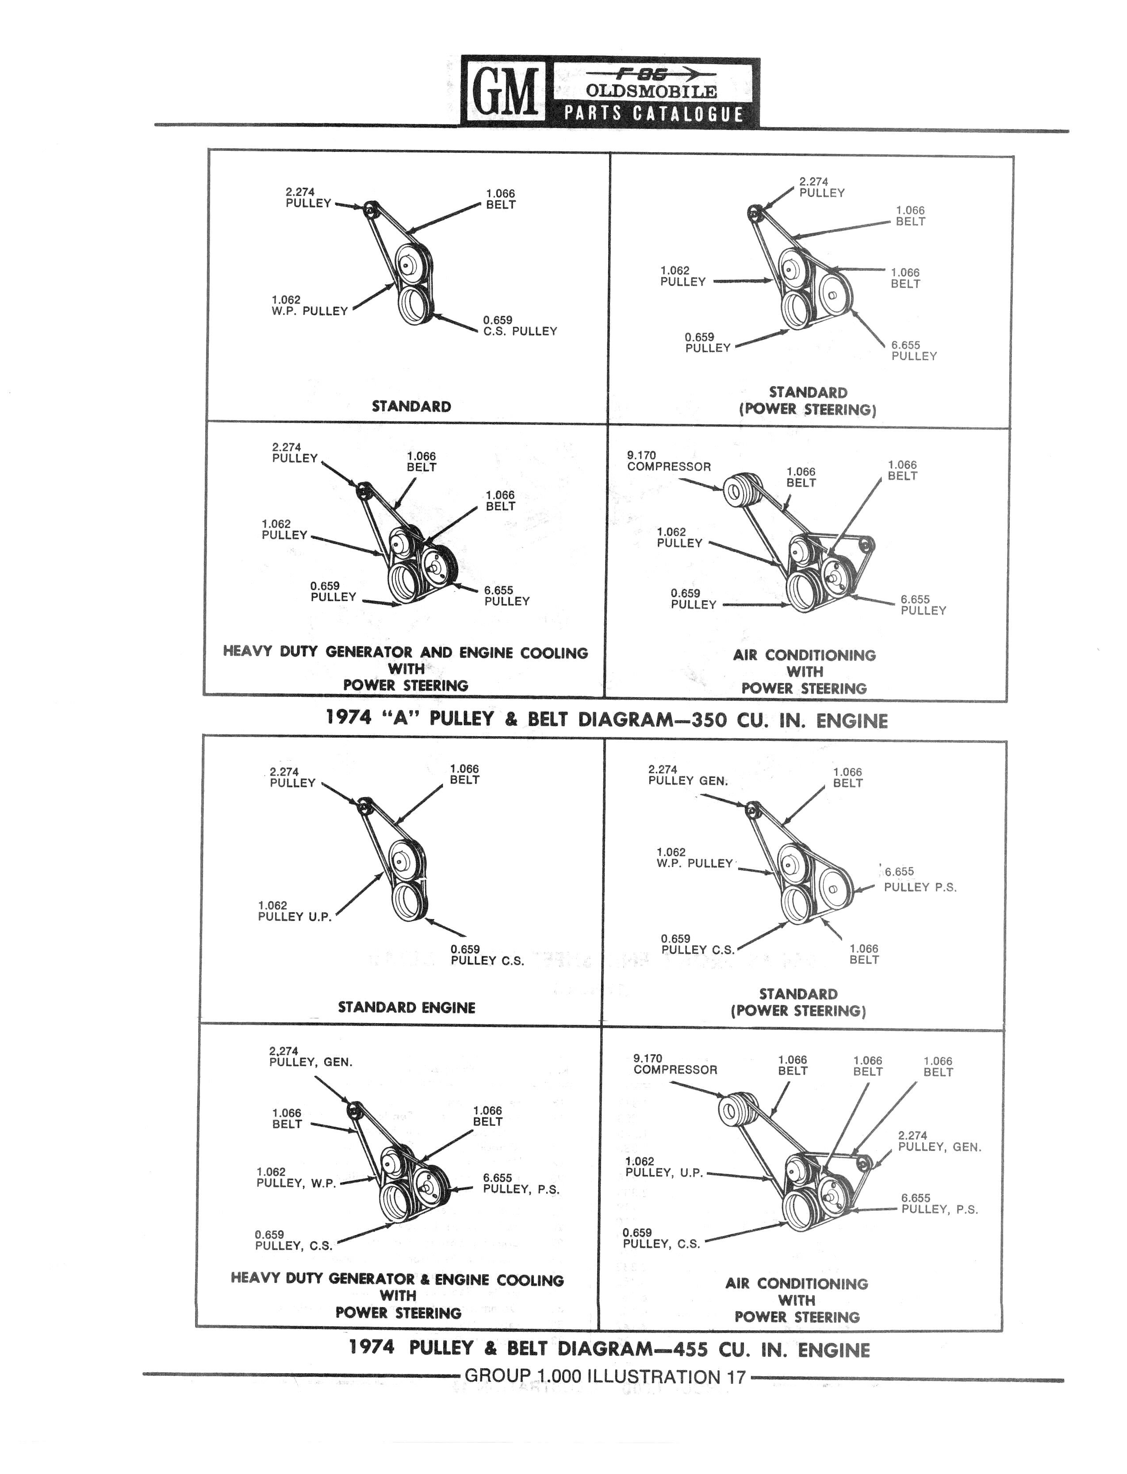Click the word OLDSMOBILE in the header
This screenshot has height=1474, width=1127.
click(x=651, y=91)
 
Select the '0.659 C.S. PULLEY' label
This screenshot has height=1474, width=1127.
click(x=520, y=326)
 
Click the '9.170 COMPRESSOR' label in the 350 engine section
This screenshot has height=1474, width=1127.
click(x=669, y=461)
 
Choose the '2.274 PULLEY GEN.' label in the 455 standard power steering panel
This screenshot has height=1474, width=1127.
click(x=688, y=775)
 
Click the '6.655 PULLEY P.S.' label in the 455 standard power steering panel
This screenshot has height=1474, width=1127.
click(x=920, y=879)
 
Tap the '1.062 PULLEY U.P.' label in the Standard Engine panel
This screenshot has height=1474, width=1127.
click(x=295, y=911)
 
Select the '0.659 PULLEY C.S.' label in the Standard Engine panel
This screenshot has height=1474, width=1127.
click(x=487, y=955)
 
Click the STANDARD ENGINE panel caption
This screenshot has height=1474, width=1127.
click(x=406, y=1007)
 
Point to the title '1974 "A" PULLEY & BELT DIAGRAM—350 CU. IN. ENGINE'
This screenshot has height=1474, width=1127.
click(x=606, y=719)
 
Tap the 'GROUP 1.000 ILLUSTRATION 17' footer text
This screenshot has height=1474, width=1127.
click(x=605, y=1377)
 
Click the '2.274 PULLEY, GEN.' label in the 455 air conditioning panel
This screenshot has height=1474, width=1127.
click(x=939, y=1141)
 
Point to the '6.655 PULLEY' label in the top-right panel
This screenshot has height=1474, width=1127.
click(x=914, y=351)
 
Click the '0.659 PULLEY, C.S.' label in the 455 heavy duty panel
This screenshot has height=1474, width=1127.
click(x=294, y=1240)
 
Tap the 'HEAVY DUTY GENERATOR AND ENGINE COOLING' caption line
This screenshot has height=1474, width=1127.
click(x=405, y=652)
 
